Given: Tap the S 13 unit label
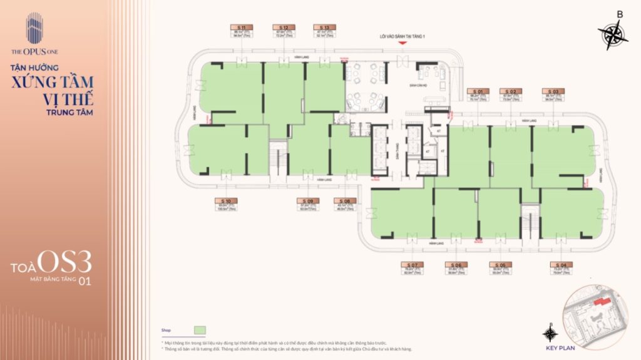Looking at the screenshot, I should pos(324,28).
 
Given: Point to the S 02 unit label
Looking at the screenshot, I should pos(512,91).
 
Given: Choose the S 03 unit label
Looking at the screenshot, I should pos(553,91).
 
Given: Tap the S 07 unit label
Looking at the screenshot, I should pos(412,265).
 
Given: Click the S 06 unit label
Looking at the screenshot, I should pos(456,265).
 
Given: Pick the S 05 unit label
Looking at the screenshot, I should pos(501,265).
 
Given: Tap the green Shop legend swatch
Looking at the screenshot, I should pos(200,330).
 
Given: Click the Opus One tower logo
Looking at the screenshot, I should pos(34,29).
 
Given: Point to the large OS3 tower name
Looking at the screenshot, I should pos(66,260).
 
